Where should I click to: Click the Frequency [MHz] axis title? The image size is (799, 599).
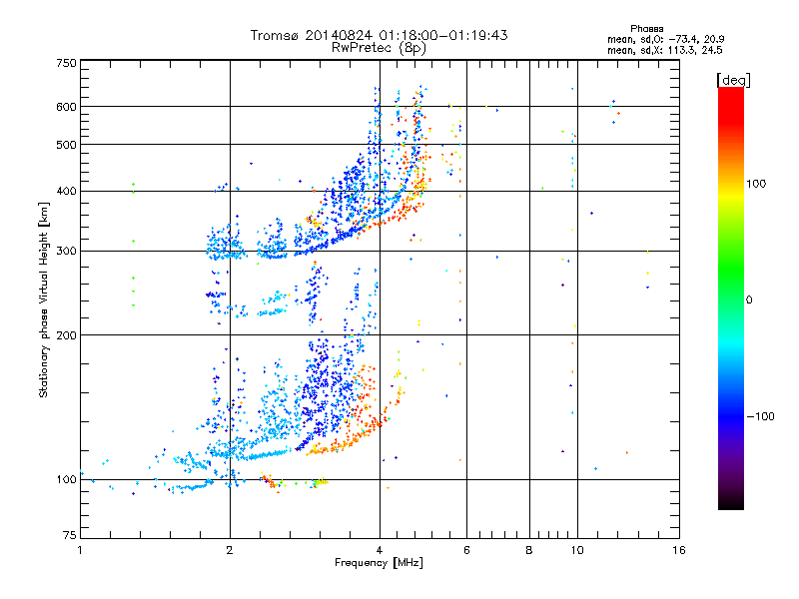coord(379,564)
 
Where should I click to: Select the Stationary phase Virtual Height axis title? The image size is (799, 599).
coord(44,299)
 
